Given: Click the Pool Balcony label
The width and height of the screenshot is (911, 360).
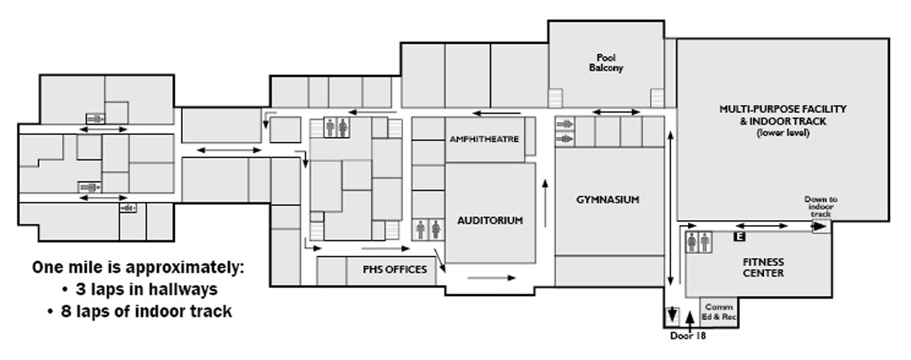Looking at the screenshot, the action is (606, 63).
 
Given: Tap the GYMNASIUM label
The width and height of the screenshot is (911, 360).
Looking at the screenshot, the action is (608, 200).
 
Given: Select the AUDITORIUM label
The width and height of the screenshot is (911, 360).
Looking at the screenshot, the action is (490, 221).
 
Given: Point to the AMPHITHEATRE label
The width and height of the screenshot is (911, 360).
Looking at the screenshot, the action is (484, 139).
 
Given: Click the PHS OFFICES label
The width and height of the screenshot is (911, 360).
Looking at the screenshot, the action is (395, 270).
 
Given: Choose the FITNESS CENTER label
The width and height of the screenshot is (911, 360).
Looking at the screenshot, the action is (763, 267).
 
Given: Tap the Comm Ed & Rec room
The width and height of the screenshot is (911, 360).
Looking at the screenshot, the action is (719, 312).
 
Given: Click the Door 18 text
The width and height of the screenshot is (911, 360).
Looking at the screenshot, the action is (688, 336).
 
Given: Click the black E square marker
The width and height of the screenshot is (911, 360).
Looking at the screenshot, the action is (740, 236).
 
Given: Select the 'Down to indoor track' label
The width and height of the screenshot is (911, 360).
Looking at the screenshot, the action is (821, 206).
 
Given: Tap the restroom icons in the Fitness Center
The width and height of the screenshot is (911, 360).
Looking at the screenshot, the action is (699, 242).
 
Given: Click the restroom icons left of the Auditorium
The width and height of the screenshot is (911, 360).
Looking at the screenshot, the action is (429, 230).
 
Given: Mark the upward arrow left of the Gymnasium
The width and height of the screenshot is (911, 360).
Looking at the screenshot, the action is (545, 203).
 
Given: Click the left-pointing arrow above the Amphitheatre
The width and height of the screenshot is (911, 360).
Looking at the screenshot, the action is (496, 113).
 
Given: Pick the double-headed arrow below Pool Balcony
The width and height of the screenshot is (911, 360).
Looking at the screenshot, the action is (616, 112).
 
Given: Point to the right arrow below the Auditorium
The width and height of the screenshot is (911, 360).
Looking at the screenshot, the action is (492, 278).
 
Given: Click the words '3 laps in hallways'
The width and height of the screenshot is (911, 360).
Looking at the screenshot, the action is (146, 289).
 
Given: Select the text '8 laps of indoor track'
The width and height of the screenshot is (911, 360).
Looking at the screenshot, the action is (146, 311).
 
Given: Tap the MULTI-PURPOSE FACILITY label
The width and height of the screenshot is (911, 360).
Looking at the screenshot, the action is (783, 109).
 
